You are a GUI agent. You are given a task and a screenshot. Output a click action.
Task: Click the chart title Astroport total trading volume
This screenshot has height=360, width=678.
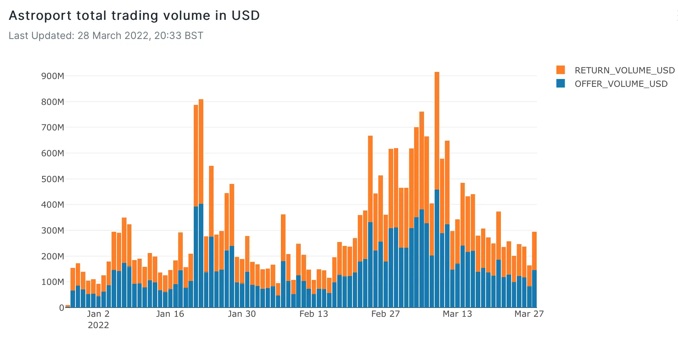point(134,16)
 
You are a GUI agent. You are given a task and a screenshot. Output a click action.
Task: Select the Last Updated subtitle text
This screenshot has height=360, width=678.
point(106,36)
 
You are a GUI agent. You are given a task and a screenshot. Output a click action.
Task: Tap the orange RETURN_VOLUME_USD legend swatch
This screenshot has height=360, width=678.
point(560,70)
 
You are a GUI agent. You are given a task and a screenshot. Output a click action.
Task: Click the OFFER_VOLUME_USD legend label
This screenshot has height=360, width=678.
point(621,84)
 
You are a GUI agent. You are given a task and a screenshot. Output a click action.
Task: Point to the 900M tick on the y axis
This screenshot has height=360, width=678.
point(53,76)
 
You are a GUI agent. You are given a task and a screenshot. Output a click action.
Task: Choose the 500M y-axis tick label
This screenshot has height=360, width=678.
point(53,179)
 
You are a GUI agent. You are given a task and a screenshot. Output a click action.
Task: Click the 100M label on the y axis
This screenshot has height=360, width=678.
point(53,282)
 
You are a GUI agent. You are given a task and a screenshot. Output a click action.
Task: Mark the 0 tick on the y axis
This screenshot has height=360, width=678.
point(62,308)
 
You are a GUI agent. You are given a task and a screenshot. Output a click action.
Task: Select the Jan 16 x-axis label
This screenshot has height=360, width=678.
point(170,314)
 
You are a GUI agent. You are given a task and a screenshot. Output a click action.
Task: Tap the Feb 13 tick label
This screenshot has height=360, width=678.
point(313,314)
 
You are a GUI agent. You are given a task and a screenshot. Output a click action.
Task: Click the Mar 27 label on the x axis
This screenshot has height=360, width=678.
point(529,314)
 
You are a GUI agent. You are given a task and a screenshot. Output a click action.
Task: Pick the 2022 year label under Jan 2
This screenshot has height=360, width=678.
point(98,325)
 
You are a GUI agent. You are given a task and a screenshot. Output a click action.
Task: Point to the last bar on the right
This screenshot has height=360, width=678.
point(534,269)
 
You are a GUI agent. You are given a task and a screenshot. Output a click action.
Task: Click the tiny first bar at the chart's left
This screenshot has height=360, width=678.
point(68,306)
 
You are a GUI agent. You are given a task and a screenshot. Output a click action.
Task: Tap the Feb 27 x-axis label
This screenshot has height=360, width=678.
point(385,314)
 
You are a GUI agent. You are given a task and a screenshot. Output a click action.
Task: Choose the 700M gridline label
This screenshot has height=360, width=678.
point(53,128)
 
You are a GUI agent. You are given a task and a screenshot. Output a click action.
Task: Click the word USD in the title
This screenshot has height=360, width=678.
point(245,16)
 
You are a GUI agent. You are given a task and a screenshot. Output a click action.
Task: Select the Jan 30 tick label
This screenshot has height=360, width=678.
point(242,314)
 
